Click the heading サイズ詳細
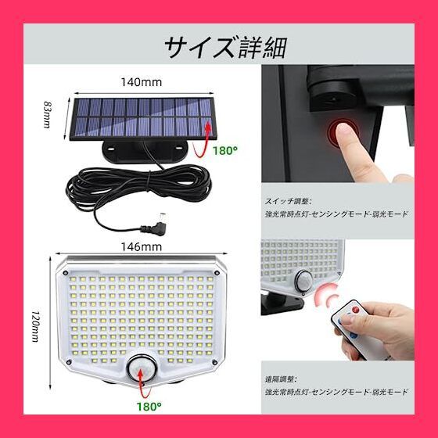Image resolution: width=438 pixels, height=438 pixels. pos(224,46)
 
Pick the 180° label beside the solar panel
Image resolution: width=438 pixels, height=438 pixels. pos(225,150)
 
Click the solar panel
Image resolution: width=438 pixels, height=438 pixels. pos(140,118)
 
